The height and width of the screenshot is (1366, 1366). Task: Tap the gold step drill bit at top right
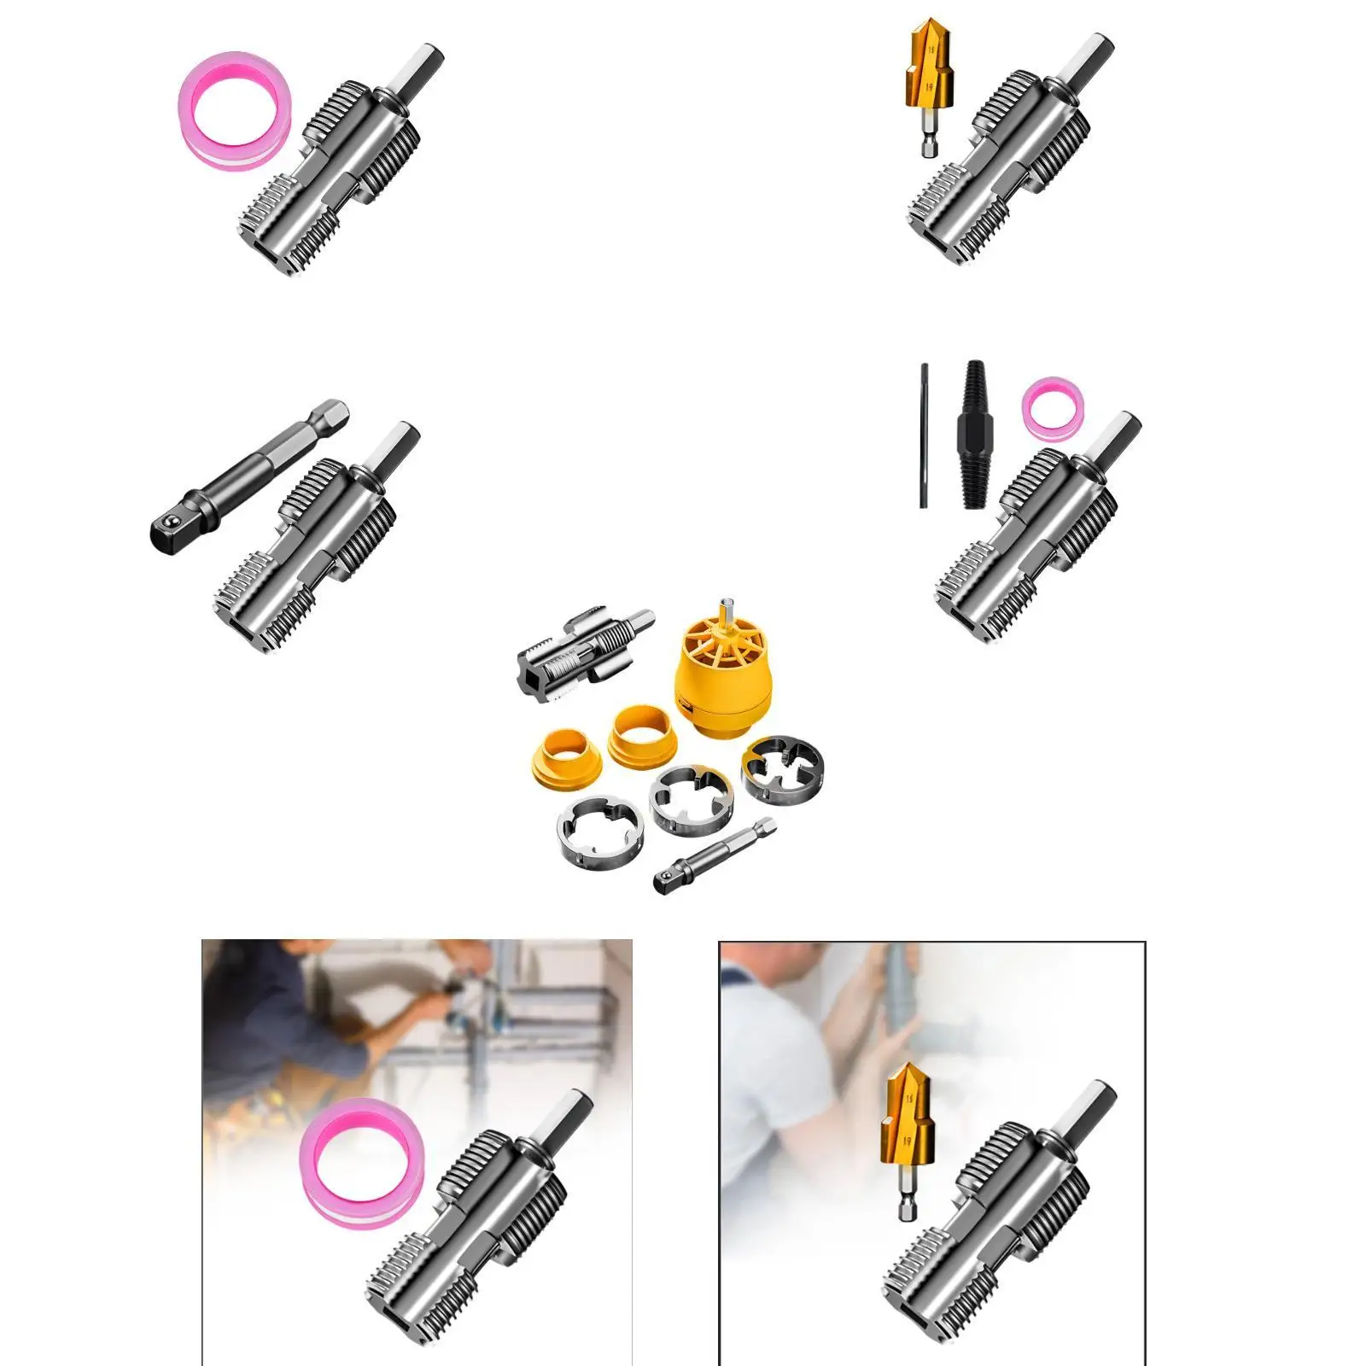(930, 85)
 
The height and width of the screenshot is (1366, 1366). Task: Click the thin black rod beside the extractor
(924, 435)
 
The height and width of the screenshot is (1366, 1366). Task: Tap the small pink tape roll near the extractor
(1054, 406)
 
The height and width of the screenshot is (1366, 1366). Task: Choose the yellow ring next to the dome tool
(639, 733)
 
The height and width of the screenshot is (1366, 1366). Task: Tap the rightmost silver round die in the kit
(782, 768)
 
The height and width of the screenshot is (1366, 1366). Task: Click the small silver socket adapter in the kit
(715, 855)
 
